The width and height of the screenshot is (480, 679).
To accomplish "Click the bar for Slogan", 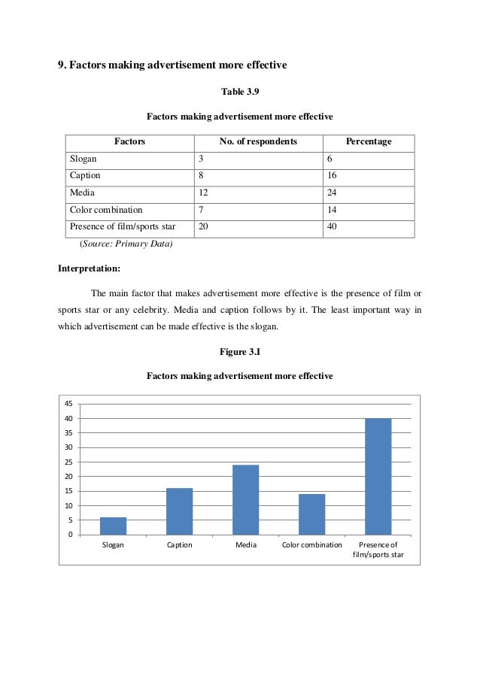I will click(x=113, y=526).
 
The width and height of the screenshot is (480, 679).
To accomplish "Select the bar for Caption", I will click(x=179, y=511).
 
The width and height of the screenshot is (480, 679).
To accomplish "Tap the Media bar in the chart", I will click(x=245, y=499).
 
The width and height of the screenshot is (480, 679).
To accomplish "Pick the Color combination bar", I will click(x=311, y=514).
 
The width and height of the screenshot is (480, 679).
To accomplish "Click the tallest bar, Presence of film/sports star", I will click(x=378, y=476).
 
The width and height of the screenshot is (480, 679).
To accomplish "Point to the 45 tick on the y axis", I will click(x=68, y=404).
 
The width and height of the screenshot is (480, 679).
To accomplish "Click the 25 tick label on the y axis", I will click(x=68, y=462).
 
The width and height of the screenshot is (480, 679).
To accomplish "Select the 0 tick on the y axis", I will click(x=71, y=535).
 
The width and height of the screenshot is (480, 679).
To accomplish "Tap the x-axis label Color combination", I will click(x=311, y=545).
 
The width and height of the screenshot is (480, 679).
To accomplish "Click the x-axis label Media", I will click(x=245, y=545).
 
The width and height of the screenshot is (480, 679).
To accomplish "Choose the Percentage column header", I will click(x=368, y=141).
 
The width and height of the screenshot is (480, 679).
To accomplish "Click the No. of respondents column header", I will click(x=258, y=141).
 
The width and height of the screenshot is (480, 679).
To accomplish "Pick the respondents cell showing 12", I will click(x=204, y=192).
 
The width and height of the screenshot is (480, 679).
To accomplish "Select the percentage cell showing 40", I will click(x=333, y=226).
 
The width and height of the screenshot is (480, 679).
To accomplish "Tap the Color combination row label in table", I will click(x=106, y=210).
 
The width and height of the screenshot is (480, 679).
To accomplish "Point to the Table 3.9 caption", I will click(x=239, y=92).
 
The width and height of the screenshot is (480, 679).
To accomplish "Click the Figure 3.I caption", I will click(x=239, y=351).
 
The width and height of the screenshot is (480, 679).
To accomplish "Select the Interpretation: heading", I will click(x=90, y=268).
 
